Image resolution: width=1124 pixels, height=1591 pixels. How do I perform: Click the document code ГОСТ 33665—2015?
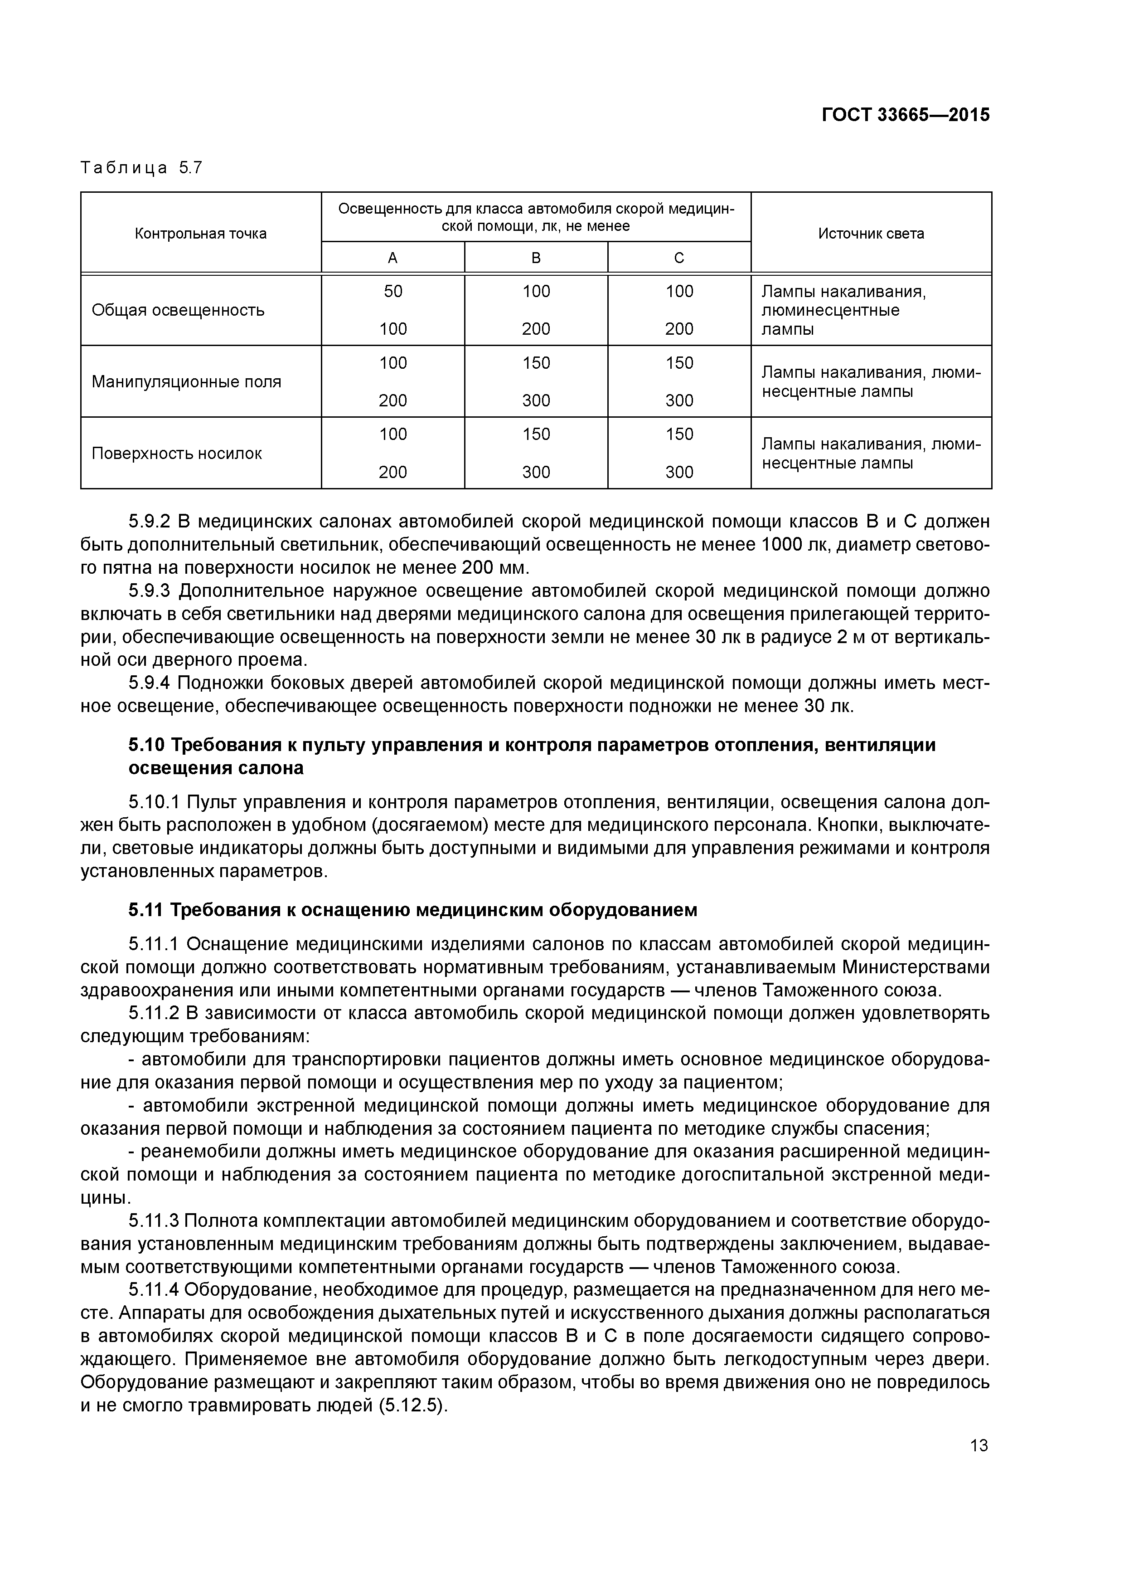pyautogui.click(x=905, y=115)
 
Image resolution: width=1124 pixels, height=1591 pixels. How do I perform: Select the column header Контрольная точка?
pyautogui.click(x=200, y=234)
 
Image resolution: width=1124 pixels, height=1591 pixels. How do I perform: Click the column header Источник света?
pyautogui.click(x=871, y=234)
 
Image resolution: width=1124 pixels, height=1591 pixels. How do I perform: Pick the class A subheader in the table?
pyautogui.click(x=392, y=258)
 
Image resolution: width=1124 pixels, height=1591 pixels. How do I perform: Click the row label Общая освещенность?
pyautogui.click(x=178, y=310)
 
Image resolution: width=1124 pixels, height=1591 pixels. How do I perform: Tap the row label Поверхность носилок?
pyautogui.click(x=177, y=453)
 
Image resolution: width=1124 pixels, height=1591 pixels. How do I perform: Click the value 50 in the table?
pyautogui.click(x=392, y=291)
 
